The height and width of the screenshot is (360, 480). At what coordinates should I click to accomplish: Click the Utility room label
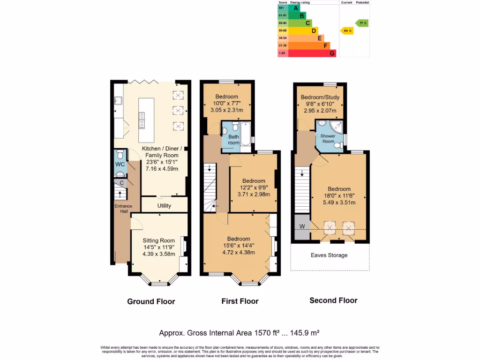164,206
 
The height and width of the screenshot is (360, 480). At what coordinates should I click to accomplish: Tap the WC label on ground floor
120,165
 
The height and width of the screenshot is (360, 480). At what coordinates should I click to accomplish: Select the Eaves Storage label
329,255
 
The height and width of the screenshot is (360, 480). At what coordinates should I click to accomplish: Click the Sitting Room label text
159,241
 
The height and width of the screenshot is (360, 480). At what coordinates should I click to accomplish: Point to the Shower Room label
328,139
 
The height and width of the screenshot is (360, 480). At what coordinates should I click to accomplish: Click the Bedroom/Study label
320,97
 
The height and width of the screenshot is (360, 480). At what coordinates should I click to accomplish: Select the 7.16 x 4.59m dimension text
161,168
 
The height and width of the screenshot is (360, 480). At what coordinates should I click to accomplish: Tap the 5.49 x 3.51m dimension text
339,202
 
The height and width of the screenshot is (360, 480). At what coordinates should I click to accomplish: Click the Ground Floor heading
151,301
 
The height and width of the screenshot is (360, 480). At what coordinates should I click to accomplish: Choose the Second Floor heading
333,300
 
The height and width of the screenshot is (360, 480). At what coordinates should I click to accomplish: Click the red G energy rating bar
312,53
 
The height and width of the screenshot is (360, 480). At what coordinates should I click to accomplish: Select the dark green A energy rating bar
295,8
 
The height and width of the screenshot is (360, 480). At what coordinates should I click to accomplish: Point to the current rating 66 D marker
347,30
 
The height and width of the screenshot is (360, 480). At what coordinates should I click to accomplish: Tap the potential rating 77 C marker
362,23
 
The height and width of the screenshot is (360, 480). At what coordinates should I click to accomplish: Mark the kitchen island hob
141,120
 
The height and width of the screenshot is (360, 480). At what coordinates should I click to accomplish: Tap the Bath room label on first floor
233,140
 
